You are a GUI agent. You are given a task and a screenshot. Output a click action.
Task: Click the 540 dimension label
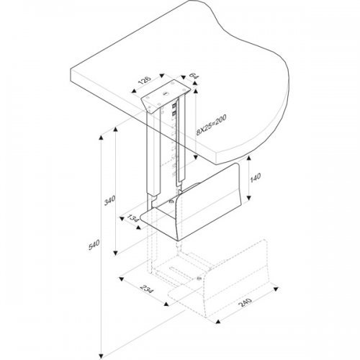pos(94,245)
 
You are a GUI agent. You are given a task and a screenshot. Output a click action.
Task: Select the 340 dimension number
pos(109,200)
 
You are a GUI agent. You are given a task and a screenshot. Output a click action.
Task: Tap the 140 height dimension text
pos(256,177)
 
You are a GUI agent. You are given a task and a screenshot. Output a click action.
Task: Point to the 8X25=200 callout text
pos(211,125)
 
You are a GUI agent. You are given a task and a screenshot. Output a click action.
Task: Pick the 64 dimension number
pos(194,76)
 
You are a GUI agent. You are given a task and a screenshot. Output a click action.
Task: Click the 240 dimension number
pos(245,302)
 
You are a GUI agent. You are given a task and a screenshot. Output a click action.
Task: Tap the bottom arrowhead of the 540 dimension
pos(101,356)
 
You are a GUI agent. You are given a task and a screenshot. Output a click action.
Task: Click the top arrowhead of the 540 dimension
pos(101,138)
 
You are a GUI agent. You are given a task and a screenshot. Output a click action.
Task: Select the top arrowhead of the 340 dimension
pos(116,130)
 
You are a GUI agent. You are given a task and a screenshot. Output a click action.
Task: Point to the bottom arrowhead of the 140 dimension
pos(248,198)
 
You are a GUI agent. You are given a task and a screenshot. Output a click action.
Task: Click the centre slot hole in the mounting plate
pos(166,94)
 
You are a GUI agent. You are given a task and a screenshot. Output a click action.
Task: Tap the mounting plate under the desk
pos(166,96)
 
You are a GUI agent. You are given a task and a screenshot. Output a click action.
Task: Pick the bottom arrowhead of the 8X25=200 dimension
pos(196,158)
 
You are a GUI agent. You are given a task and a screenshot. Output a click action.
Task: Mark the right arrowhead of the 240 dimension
pos(276,289)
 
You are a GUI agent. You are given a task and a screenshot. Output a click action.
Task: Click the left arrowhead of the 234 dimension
pos(122,279)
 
